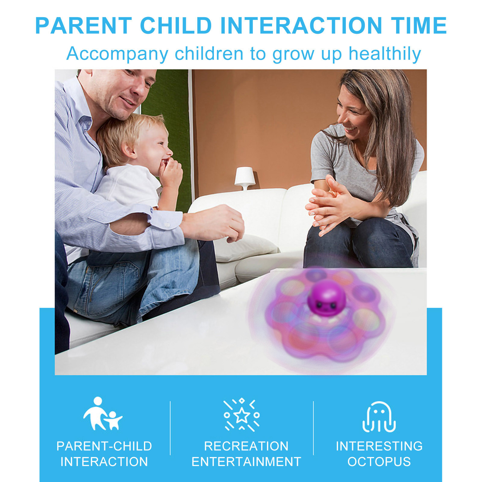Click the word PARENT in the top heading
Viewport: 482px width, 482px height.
pyautogui.click(x=84, y=26)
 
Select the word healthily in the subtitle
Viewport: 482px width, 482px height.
pyautogui.click(x=384, y=54)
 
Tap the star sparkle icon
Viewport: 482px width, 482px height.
pyautogui.click(x=242, y=415)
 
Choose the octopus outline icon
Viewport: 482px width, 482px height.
pyautogui.click(x=379, y=417)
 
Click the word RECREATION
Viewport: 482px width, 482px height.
pyautogui.click(x=246, y=446)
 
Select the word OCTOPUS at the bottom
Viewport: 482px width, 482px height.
pyautogui.click(x=379, y=462)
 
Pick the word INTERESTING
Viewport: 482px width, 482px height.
pyautogui.click(x=379, y=446)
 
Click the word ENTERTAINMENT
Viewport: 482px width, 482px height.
pyautogui.click(x=246, y=462)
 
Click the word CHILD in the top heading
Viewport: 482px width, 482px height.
pyautogui.click(x=176, y=26)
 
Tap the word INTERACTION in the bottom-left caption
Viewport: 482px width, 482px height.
pyautogui.click(x=104, y=462)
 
